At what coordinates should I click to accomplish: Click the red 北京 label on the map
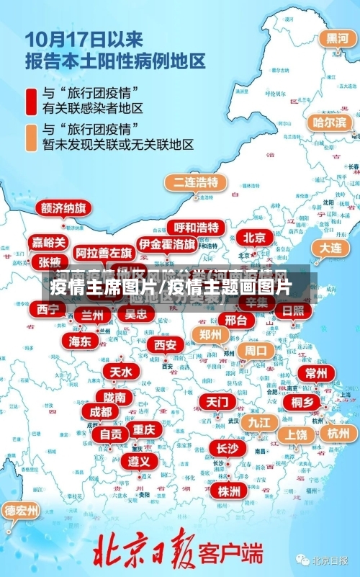coord(253,238)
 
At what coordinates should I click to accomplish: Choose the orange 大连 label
coord(330,247)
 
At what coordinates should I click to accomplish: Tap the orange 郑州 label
coord(210,334)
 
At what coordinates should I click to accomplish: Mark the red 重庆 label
coord(143,429)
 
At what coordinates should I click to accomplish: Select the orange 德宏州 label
coord(22,511)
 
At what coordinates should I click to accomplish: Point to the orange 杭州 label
coord(337,433)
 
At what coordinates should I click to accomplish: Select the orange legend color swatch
coord(32,137)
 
